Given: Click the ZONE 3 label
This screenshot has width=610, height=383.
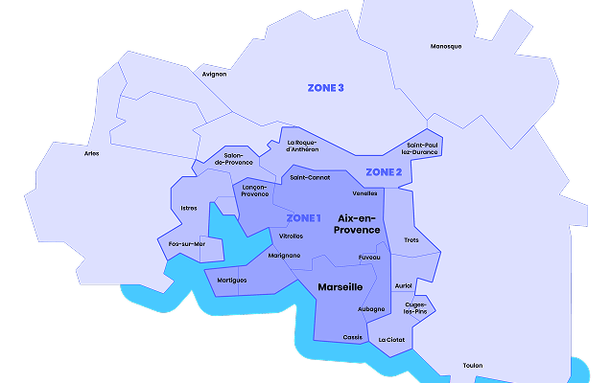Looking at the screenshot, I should click(x=325, y=88).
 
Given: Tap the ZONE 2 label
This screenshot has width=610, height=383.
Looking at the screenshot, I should click(x=384, y=172).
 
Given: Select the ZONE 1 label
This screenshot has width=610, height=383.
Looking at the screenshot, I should click(x=304, y=217).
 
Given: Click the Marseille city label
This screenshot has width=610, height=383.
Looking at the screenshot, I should click(x=340, y=286).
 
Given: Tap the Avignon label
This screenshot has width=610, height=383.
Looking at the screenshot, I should click(x=214, y=74).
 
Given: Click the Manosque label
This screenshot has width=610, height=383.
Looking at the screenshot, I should click(x=446, y=46).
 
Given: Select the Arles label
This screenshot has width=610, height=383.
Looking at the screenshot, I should click(x=92, y=153).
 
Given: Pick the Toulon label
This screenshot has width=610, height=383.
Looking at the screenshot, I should click(x=473, y=365).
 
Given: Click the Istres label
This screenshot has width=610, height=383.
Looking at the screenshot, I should click(x=189, y=208).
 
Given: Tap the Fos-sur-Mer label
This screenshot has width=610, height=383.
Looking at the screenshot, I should click(x=186, y=244).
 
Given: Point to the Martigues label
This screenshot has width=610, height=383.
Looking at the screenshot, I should click(x=231, y=280).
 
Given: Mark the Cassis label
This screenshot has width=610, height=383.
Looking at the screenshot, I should click(x=353, y=337).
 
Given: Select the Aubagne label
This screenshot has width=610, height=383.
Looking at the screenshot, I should click(x=371, y=308).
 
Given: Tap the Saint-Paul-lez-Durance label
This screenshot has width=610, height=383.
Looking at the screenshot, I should click(x=422, y=148).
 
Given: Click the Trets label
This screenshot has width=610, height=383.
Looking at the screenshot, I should click(x=411, y=239).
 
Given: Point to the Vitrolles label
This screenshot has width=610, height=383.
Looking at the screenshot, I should click(x=291, y=236).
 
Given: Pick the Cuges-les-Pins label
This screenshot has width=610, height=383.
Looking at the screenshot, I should click(x=415, y=307).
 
